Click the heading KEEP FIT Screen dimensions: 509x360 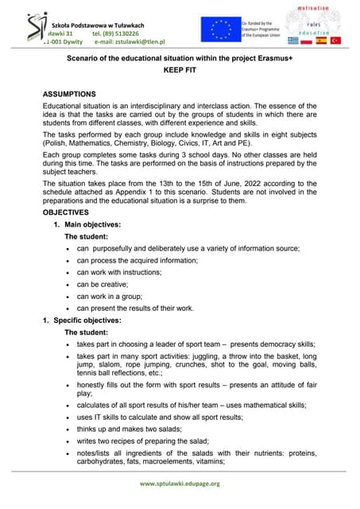(x=179, y=70)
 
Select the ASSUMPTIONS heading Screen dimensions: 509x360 (x=79, y=93)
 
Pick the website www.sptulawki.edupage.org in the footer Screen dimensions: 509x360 (x=180, y=483)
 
